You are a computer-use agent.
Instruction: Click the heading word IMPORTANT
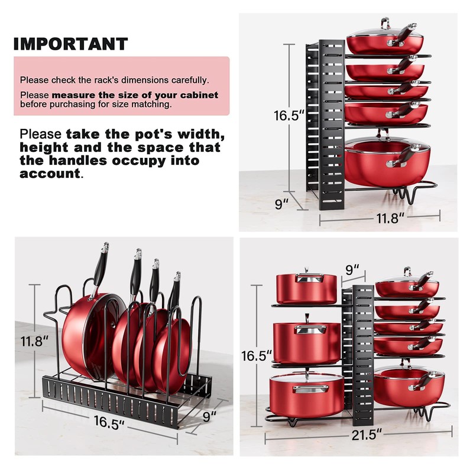[71, 44]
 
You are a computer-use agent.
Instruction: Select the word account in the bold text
[50, 174]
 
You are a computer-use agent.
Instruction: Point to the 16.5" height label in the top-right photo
[288, 115]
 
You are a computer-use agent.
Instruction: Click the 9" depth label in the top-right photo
[282, 204]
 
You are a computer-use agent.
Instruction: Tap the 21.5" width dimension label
[367, 435]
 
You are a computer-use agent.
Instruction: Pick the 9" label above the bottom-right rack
[352, 270]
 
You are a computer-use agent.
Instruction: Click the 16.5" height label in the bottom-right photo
[257, 356]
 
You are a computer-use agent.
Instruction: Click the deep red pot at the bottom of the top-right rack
[387, 161]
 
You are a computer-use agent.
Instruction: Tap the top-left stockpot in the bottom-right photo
[306, 289]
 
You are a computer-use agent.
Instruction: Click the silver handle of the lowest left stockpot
[311, 389]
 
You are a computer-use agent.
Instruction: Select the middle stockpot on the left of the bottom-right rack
[307, 342]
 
